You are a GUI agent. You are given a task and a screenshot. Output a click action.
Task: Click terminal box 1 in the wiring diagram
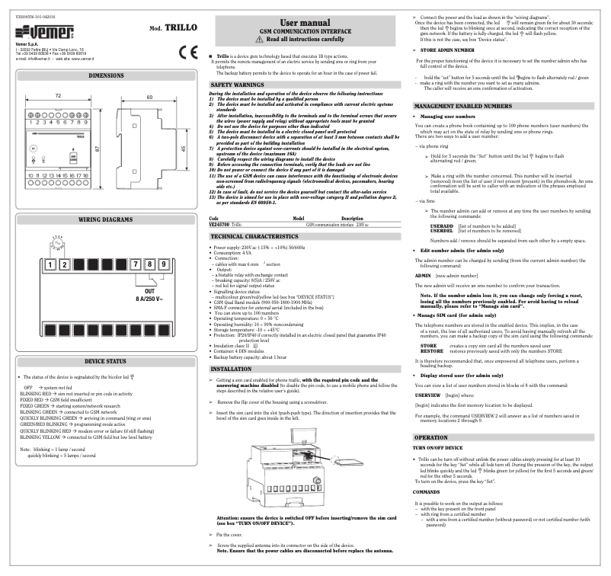pos(50,264)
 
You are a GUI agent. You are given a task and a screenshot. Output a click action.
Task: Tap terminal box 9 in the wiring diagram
pos(163,264)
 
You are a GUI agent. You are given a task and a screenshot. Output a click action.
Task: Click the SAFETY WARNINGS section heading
pos(236,85)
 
